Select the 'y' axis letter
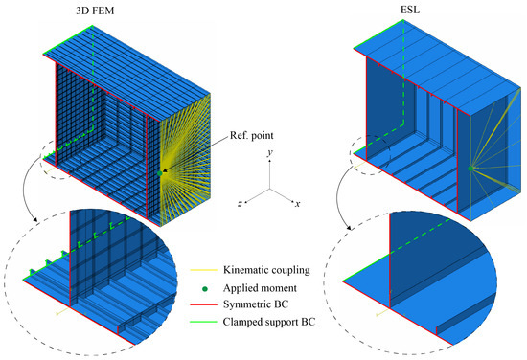click(271, 151)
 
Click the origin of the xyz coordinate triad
click(271, 188)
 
